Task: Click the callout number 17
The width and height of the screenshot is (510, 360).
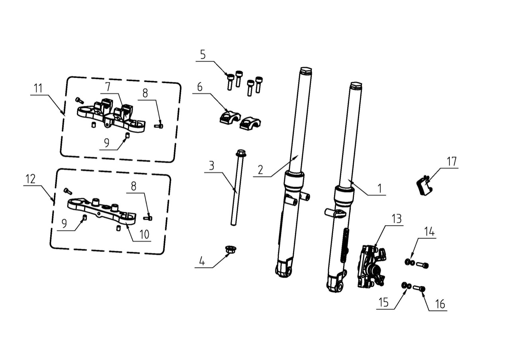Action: (x=451, y=162)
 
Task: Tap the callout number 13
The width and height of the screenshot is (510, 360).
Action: (x=396, y=219)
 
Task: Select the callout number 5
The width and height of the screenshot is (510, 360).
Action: (x=203, y=55)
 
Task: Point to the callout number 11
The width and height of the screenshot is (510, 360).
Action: (x=38, y=88)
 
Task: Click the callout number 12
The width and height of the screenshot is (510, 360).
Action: (x=31, y=179)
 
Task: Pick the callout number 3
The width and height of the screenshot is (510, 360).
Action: (x=211, y=165)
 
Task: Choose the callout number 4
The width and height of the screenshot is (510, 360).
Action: (x=202, y=261)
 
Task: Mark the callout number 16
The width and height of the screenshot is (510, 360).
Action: (x=440, y=304)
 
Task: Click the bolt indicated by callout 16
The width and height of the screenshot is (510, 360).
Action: (x=419, y=288)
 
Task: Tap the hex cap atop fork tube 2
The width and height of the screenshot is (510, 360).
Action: (x=305, y=71)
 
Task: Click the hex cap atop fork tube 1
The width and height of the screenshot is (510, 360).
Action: (x=356, y=86)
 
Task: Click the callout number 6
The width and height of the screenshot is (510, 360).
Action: (x=199, y=87)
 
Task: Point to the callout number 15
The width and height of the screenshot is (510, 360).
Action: (x=383, y=303)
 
